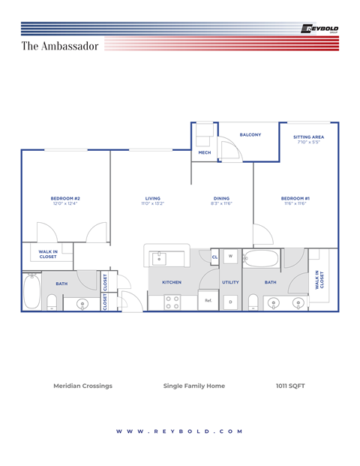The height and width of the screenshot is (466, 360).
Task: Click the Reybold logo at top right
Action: coord(319,29)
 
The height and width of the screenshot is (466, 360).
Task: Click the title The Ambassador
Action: coord(59,47)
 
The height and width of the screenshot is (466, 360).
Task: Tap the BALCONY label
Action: coord(250,135)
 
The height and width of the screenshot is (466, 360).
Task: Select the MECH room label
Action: coord(204,153)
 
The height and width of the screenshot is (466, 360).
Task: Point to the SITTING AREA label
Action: coord(308,137)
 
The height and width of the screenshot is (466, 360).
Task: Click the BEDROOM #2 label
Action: coord(65,198)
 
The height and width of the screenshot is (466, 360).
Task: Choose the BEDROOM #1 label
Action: coord(295,198)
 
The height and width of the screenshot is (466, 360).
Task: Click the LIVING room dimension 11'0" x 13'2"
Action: coord(152,203)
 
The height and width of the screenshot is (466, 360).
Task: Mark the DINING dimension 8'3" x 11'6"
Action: coord(220,203)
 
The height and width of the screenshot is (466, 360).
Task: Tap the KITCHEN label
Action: coord(172,282)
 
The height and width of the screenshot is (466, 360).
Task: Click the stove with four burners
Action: coord(172,302)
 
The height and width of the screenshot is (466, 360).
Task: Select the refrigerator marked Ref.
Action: coord(208,301)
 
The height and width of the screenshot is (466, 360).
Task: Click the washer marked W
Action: coord(230,257)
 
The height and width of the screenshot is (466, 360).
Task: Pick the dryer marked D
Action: coord(230,302)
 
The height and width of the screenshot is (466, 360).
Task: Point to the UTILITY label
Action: coord(230,282)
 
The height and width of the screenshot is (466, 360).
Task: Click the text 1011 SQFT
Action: coord(290,386)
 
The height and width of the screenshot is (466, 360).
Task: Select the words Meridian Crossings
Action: coord(82,386)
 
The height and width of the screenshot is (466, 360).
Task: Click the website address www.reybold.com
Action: coord(180,431)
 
